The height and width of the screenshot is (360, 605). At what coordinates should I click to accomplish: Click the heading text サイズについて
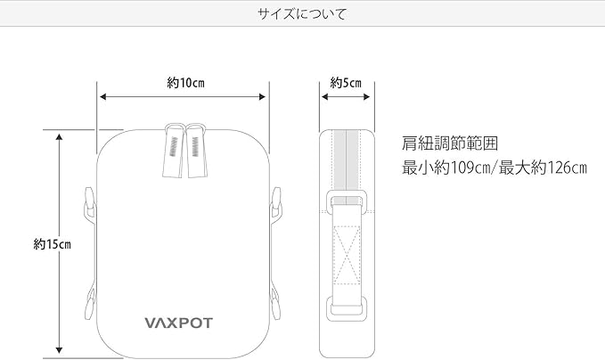tap(302, 14)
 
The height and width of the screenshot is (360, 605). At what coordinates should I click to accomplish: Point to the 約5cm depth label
tap(346, 83)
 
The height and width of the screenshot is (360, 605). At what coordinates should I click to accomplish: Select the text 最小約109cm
tap(447, 167)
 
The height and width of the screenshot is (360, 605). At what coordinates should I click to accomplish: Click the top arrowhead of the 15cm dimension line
tap(59, 136)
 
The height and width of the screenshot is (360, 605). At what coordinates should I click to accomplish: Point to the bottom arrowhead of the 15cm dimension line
tap(59, 351)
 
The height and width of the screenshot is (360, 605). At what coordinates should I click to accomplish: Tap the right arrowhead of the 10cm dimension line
tap(265, 95)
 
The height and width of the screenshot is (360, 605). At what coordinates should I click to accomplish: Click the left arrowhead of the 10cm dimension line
tap(102, 95)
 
